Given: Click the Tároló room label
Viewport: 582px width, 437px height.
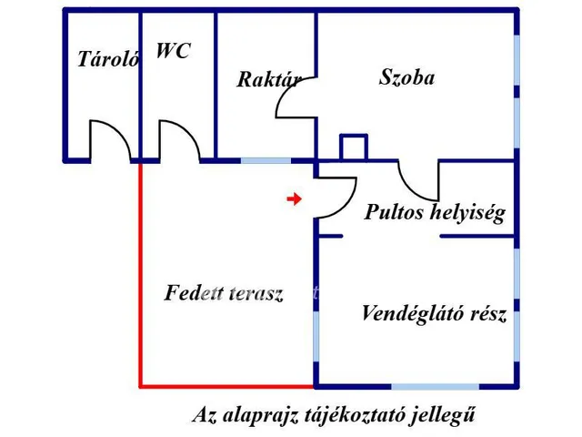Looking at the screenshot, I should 108,61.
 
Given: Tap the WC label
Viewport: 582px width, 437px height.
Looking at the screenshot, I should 173,51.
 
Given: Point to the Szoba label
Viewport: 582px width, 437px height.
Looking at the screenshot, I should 406,77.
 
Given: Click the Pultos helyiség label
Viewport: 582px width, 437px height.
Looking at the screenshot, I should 435,213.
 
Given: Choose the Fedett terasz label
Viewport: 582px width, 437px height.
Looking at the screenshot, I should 225,293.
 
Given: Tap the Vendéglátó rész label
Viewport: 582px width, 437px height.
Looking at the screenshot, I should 434,315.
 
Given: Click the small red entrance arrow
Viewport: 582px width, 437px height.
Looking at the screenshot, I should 293,198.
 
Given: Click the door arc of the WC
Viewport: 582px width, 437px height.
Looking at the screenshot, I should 180,138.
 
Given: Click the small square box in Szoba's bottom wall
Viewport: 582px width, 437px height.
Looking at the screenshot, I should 353,147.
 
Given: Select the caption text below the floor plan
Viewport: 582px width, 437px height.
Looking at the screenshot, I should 334,415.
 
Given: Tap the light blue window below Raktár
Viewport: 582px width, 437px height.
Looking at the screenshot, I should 266,160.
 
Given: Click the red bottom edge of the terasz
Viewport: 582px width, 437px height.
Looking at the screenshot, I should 227,385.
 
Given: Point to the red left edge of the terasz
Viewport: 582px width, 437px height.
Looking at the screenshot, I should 140,273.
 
